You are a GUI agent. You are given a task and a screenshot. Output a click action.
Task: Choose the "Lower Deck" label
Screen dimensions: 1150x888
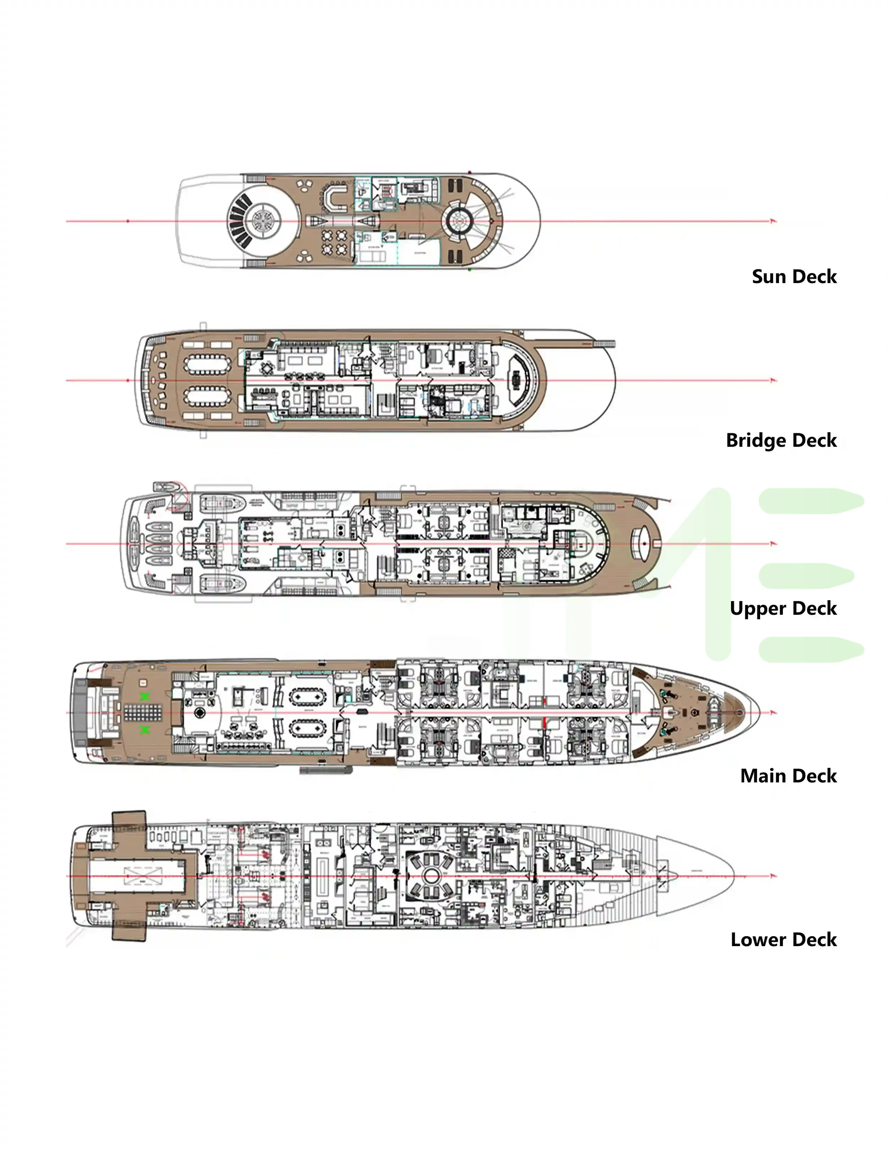click(783, 939)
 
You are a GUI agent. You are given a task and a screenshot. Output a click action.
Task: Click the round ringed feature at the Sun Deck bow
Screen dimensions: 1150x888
click(457, 220)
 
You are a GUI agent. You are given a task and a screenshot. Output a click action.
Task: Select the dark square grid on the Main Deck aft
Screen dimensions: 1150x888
click(143, 713)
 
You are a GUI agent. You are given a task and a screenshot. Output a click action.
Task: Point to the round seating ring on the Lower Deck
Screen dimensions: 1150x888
click(431, 876)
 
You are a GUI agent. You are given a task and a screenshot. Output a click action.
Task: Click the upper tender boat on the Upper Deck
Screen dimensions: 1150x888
click(223, 503)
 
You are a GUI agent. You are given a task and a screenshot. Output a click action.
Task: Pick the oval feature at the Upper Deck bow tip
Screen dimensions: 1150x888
click(645, 543)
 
